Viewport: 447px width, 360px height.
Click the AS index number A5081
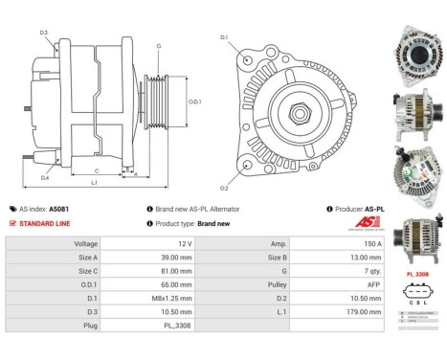coord(59,209)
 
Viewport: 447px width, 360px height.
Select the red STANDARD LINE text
coord(46,223)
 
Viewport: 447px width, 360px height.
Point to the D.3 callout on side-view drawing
coord(44,33)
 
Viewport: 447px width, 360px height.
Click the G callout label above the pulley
coord(158,46)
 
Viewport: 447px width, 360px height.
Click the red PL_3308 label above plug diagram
coord(416,273)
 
